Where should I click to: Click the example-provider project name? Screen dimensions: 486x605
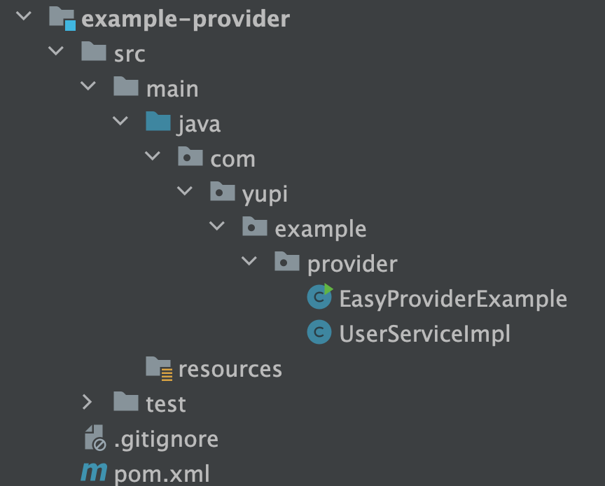pos(186,19)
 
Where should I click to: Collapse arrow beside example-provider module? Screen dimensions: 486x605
pos(23,17)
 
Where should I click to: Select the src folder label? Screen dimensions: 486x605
pos(130,54)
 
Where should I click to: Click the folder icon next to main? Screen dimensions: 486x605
pos(126,88)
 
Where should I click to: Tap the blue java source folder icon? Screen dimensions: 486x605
pos(158,123)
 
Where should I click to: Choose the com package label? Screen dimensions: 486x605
pos(232,159)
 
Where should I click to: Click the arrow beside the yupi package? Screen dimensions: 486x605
pos(185,192)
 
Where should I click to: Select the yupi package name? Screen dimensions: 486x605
pos(265,194)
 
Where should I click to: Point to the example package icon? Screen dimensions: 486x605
pos(255,228)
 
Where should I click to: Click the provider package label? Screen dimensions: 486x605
pos(352,264)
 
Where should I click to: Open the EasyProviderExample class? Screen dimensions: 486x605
pos(452,299)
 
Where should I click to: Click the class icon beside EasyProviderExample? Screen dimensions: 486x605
pos(319,298)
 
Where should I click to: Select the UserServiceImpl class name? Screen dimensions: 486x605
pos(424,334)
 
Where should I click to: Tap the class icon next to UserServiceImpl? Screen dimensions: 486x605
pos(319,333)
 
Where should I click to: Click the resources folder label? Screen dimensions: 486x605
pos(230,369)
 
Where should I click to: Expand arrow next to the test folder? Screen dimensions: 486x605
pos(87,402)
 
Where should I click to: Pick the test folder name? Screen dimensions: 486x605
pos(166,404)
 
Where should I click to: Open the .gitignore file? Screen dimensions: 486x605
pos(166,439)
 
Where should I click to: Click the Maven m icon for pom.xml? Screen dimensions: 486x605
pos(93,473)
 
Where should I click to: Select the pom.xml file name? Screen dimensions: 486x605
pos(161,474)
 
